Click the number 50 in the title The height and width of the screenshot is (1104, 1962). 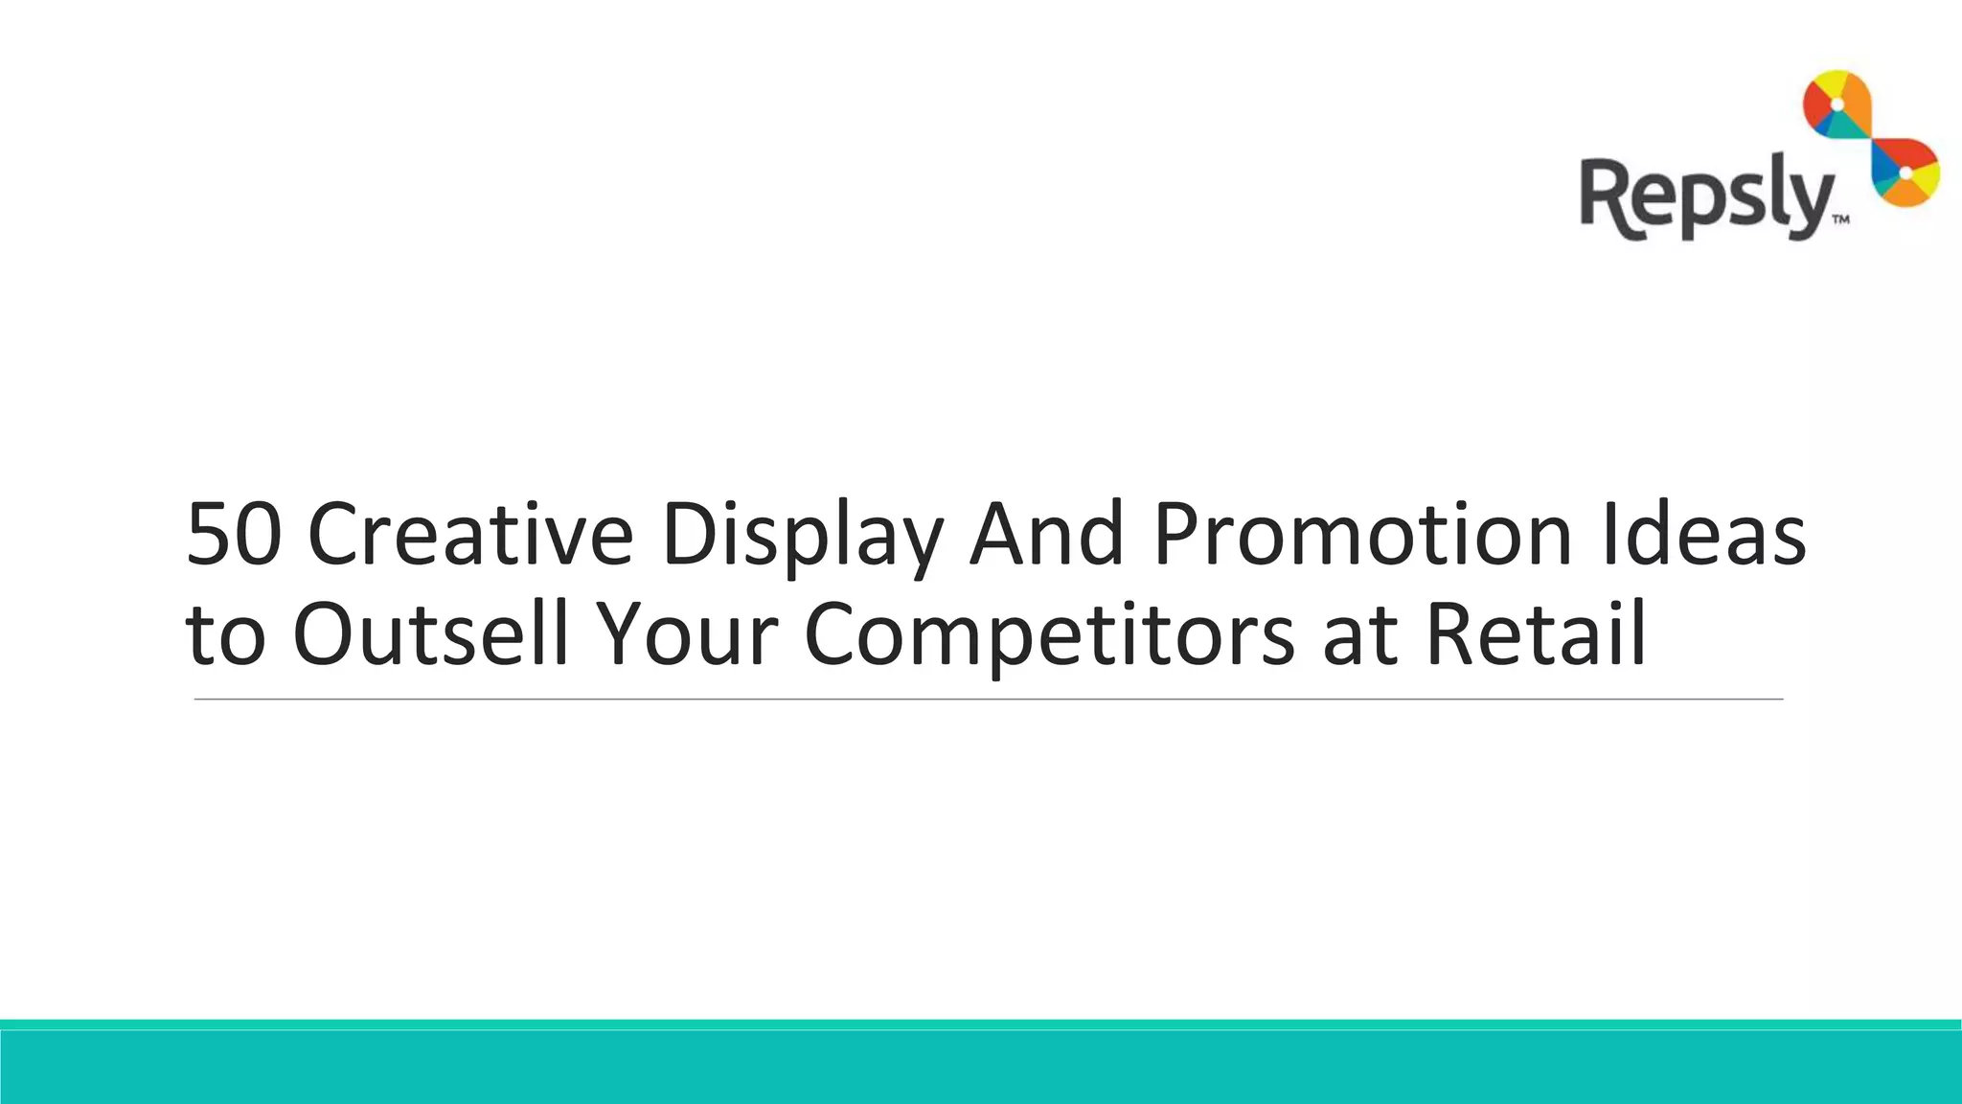(x=234, y=535)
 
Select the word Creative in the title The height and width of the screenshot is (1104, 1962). (x=470, y=535)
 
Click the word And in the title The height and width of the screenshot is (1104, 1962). (x=1046, y=535)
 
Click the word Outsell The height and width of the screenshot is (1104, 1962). (x=431, y=634)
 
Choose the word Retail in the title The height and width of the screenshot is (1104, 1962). (x=1536, y=634)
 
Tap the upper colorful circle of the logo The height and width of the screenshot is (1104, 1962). (x=1837, y=115)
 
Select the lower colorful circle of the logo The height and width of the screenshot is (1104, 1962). (x=1905, y=172)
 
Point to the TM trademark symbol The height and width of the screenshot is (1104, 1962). (x=1840, y=220)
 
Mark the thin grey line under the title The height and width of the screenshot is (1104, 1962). (x=987, y=700)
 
